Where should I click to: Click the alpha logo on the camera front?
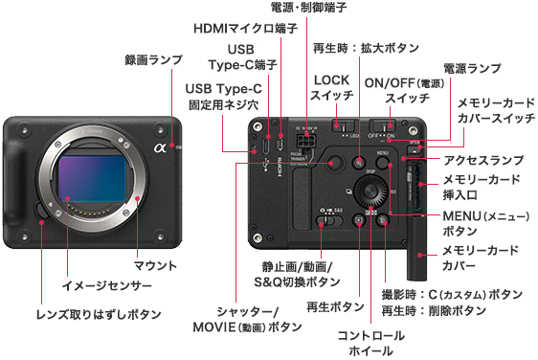[160, 147]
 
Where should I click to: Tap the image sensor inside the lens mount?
[93, 178]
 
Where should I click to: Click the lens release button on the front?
[41, 210]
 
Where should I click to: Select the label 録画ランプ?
[153, 60]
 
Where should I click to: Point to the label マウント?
[155, 265]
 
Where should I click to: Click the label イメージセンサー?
[106, 285]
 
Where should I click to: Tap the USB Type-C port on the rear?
[267, 145]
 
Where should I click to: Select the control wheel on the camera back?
[370, 191]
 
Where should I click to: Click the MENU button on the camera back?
[382, 162]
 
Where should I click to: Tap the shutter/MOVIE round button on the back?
[334, 163]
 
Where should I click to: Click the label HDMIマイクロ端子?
[245, 28]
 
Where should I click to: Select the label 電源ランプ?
[472, 68]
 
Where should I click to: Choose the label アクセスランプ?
[483, 160]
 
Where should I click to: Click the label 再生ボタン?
[335, 306]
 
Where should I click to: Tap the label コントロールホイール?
[370, 343]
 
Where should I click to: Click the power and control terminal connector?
[306, 141]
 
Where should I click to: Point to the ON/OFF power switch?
[382, 125]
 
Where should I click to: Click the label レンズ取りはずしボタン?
[99, 314]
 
